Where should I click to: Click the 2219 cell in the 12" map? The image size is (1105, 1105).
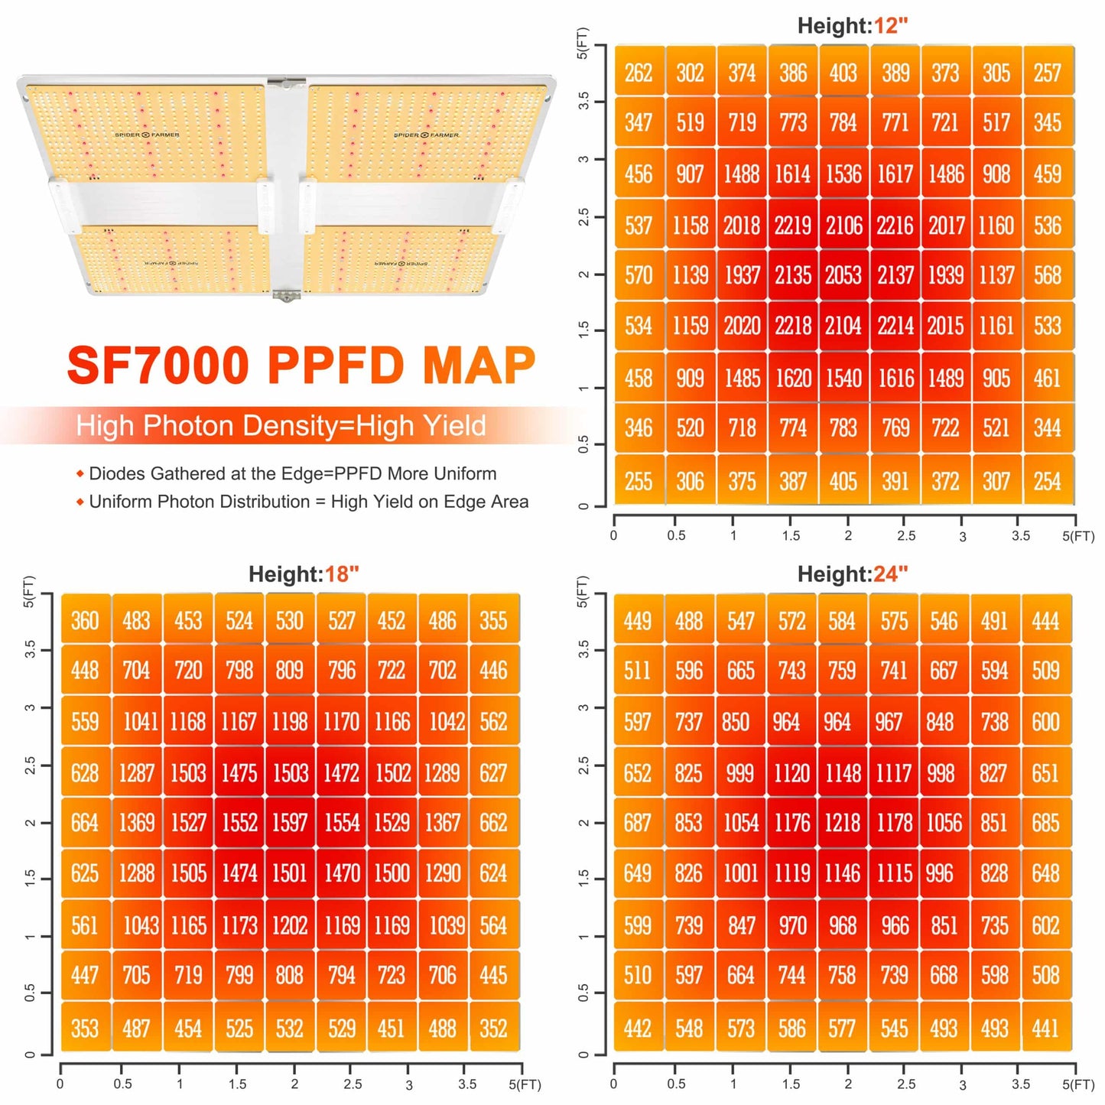[792, 225]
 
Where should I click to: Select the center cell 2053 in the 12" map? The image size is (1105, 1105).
[843, 275]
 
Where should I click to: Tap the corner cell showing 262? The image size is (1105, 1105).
[639, 73]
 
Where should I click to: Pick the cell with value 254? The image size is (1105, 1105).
[1048, 481]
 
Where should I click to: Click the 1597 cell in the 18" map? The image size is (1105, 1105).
[290, 823]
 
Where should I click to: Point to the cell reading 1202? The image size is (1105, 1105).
[290, 925]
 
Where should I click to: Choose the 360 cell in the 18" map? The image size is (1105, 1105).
[85, 620]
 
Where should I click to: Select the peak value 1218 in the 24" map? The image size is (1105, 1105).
[842, 823]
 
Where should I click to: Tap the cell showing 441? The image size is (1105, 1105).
[1045, 1028]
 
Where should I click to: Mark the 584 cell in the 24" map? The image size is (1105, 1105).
[842, 620]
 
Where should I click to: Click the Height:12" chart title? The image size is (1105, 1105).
[852, 26]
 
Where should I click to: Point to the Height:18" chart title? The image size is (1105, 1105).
[304, 574]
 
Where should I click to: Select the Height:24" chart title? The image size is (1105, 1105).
[852, 574]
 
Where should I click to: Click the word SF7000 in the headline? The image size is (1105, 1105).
[159, 366]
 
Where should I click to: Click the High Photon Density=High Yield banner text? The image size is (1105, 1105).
[281, 426]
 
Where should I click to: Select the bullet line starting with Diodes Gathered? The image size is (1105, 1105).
[292, 473]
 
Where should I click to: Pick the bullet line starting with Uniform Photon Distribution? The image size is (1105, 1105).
[308, 502]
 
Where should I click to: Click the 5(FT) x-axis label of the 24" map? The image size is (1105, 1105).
[1077, 1084]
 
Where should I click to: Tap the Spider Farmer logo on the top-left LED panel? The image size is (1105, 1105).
[147, 135]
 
